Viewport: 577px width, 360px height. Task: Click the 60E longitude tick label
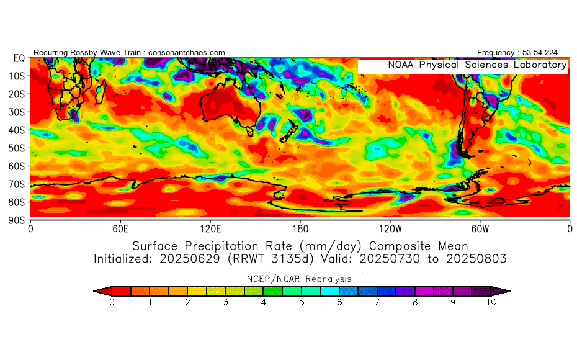coord(120,229)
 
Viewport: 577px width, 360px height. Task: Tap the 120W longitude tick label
coord(390,229)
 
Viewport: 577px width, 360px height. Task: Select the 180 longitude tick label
coord(300,229)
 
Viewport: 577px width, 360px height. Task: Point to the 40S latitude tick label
coord(17,130)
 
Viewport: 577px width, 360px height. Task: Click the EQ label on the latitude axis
coord(19,58)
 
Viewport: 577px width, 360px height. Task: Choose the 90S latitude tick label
coord(17,220)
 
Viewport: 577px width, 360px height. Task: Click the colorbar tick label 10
coord(491,302)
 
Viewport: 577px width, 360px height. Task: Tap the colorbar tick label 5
coord(302,302)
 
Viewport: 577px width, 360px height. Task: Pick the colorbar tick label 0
coord(112,302)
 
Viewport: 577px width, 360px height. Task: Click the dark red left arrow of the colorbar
coord(103,291)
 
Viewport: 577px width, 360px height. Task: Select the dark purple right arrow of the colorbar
coord(501,291)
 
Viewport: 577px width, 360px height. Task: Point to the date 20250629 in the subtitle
coord(189,259)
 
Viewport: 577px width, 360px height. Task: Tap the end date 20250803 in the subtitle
coord(476,259)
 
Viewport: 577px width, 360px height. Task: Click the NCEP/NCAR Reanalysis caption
coord(299,279)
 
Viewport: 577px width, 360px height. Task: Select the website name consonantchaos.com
coord(187,53)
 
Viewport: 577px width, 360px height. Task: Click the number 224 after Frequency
coord(551,53)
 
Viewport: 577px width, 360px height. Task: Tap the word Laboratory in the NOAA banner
coord(540,65)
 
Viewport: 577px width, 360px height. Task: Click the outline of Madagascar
coord(101,91)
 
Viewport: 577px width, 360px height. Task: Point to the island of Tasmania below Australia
coord(250,131)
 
